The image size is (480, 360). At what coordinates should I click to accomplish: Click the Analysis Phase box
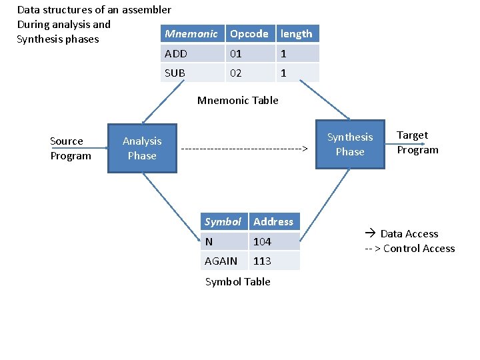(x=142, y=148)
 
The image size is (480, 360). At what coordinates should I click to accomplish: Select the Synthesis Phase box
(x=350, y=144)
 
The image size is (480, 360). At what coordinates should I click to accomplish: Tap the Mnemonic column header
(x=191, y=33)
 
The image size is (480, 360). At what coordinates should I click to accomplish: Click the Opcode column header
(x=249, y=33)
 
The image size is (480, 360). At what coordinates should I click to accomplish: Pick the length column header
(x=297, y=33)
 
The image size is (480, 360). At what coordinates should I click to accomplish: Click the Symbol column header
(x=223, y=221)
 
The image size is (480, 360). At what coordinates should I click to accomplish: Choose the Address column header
(x=273, y=221)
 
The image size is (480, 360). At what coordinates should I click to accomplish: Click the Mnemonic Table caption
(x=238, y=101)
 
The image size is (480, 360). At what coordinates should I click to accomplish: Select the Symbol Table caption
(x=238, y=281)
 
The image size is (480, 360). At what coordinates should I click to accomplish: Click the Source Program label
(x=70, y=149)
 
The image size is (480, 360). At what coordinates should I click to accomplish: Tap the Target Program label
(x=417, y=143)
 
